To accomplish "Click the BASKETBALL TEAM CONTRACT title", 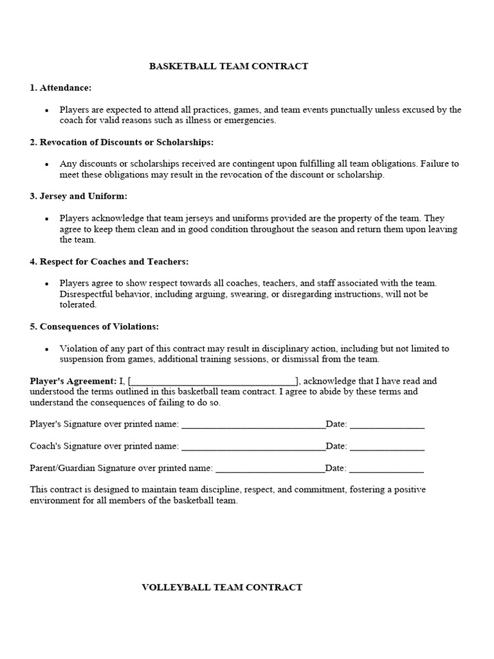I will tap(228, 66).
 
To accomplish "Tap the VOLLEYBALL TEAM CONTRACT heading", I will tap(222, 587).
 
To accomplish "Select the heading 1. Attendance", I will tap(60, 88).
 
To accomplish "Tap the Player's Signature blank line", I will tap(253, 425).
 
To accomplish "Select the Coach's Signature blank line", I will tap(253, 447).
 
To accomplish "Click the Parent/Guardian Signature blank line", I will tap(270, 469).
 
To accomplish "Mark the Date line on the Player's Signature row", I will tap(387, 425).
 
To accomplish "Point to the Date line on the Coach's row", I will tap(387, 447).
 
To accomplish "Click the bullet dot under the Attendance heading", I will tap(47, 111).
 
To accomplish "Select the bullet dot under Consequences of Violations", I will tap(47, 349).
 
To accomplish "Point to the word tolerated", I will tap(78, 304).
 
